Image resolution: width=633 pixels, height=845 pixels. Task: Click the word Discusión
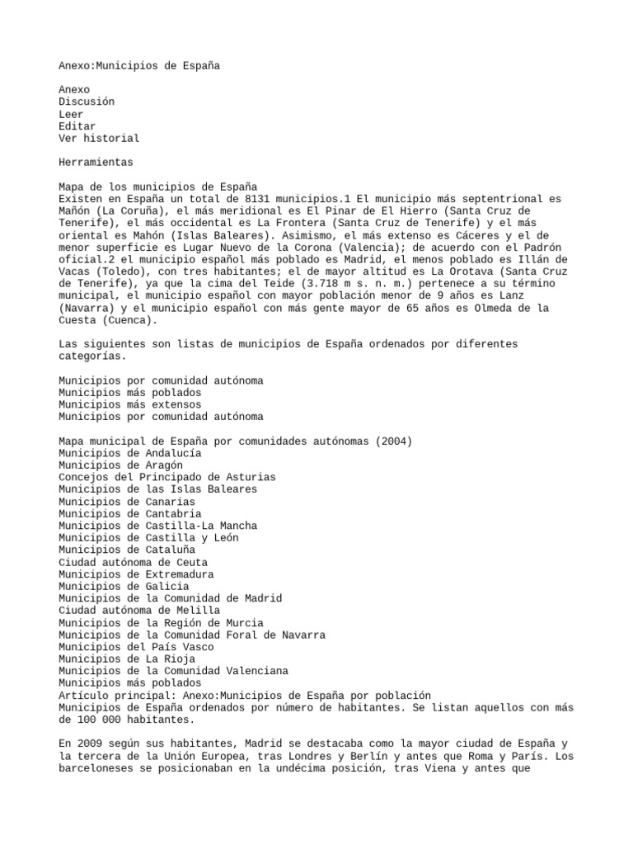(87, 101)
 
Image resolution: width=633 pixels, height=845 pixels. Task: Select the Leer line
(71, 114)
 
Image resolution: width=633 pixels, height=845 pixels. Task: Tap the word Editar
(77, 126)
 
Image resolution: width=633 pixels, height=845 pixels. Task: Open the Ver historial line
(99, 138)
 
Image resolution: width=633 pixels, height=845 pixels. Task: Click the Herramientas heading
(96, 163)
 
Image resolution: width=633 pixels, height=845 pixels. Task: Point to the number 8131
(261, 199)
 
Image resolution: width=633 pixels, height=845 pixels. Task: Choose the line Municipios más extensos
(129, 405)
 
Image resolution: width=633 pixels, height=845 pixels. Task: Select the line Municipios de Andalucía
(129, 453)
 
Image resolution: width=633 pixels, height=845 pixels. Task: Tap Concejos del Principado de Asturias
(167, 477)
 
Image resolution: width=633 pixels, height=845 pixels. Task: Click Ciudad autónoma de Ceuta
(133, 562)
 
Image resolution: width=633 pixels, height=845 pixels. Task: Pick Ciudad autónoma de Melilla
(138, 611)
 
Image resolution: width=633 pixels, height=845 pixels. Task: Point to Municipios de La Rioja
(126, 659)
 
